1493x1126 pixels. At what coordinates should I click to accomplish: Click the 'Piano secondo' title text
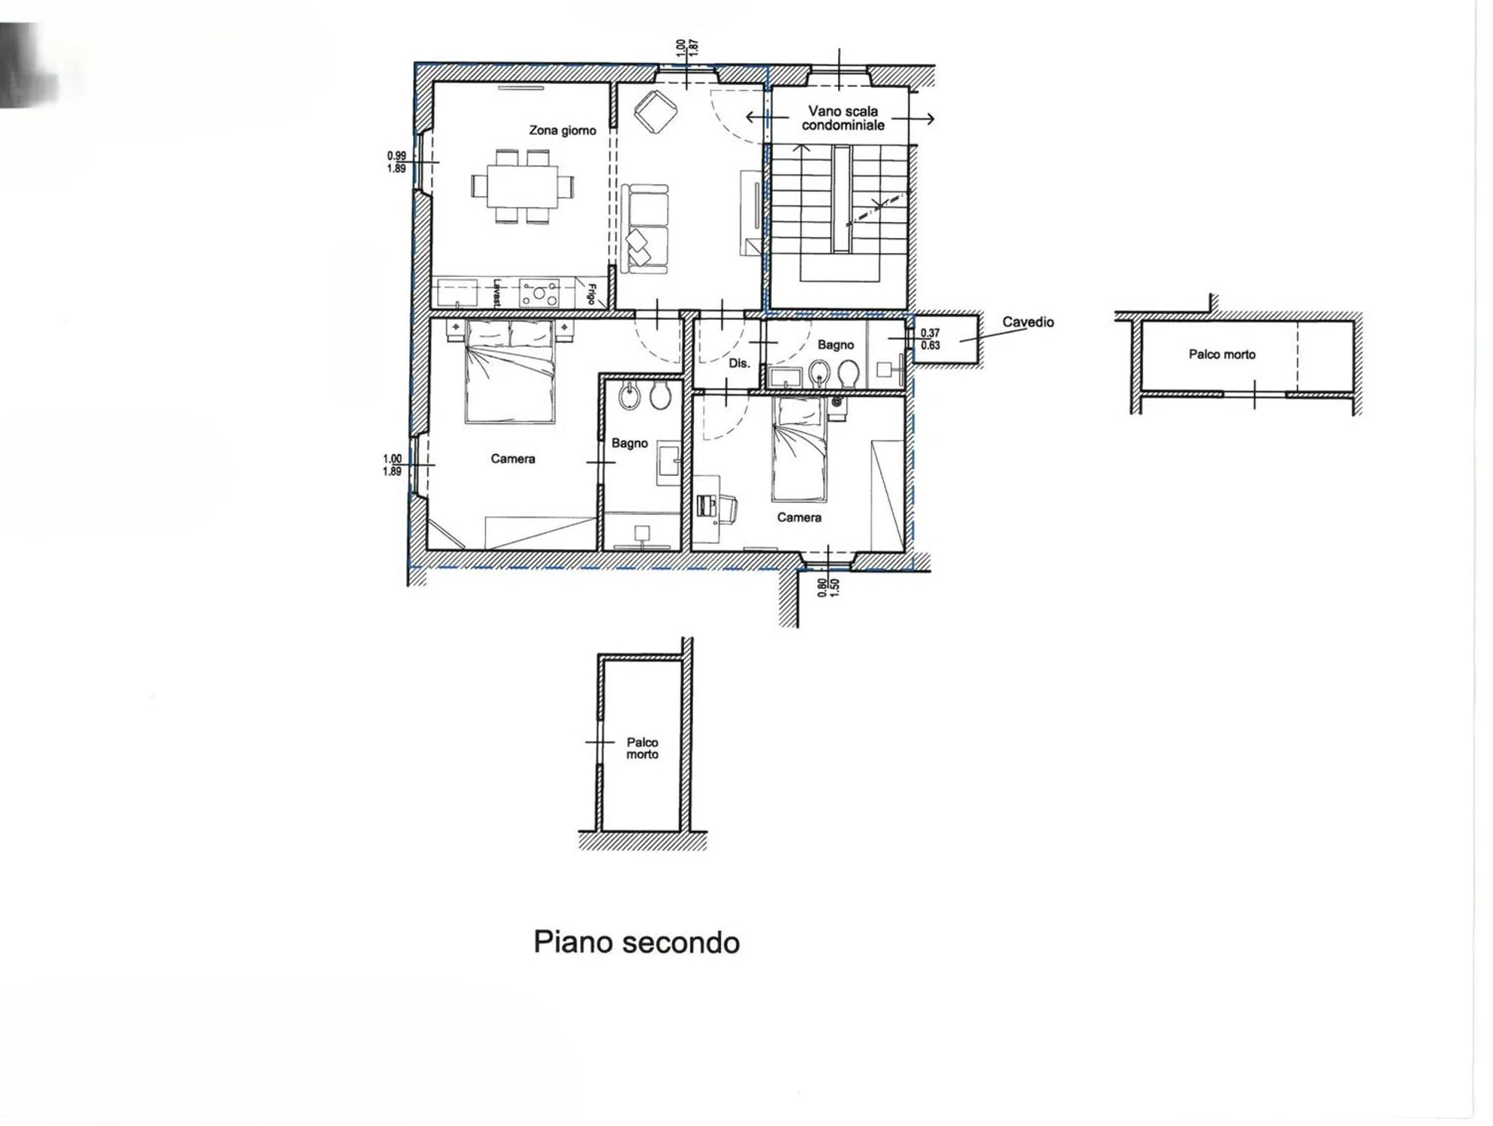pos(636,942)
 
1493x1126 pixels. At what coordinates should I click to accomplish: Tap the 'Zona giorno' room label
pos(563,131)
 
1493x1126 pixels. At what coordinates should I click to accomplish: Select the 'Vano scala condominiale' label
pos(843,119)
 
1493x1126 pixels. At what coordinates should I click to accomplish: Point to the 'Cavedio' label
pos(1027,322)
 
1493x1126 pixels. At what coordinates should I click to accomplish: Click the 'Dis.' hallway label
pos(739,363)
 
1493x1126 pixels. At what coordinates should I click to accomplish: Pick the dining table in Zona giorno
pos(523,186)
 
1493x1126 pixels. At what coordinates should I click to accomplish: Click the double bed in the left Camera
pos(510,372)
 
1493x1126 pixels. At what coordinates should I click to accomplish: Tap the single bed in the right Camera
pos(799,449)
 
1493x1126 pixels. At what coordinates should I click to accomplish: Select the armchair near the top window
pos(656,112)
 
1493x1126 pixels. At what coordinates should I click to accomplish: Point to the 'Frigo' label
pos(592,294)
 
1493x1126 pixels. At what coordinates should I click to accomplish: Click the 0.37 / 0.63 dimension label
pos(930,339)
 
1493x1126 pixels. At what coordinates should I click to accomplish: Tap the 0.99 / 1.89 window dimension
pos(397,162)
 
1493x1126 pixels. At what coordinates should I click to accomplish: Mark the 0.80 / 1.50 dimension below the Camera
pos(828,587)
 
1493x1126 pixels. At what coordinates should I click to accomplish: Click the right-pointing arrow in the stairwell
pos(912,119)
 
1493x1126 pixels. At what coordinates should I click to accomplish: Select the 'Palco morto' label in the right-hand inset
pos(1222,354)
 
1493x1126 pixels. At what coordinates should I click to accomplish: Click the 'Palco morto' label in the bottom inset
pos(642,748)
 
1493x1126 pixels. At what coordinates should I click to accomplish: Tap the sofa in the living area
pos(644,228)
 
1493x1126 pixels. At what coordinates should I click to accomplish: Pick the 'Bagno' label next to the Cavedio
pos(836,345)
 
